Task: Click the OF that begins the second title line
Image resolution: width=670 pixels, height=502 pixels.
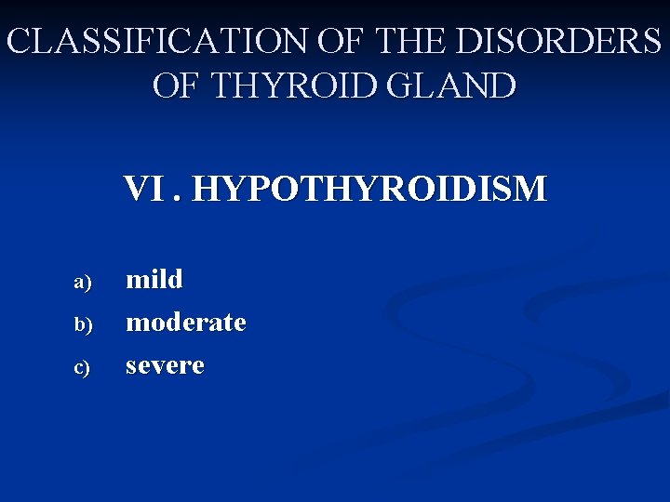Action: click(178, 86)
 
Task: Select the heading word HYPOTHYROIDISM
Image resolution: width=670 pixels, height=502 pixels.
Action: click(370, 190)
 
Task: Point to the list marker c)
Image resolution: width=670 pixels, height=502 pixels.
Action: click(83, 368)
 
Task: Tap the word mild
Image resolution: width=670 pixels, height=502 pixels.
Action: click(154, 279)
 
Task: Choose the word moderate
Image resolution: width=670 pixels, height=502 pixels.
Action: click(186, 323)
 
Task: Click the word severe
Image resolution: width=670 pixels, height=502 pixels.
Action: click(165, 365)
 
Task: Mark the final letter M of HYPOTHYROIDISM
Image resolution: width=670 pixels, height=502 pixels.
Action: click(531, 190)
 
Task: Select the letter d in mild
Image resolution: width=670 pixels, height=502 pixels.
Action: click(175, 279)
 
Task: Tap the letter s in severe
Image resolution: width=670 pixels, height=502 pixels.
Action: click(132, 366)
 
